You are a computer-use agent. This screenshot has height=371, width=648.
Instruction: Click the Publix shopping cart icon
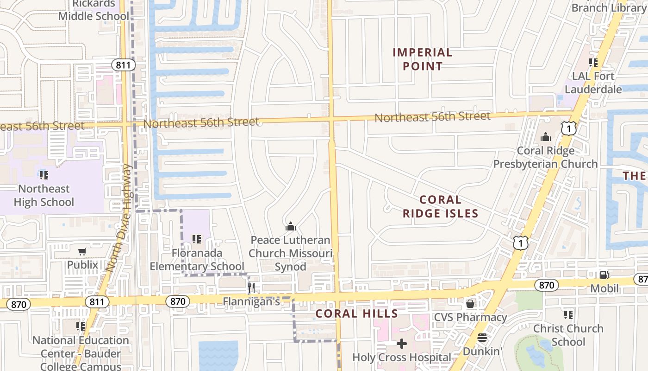coord(82,251)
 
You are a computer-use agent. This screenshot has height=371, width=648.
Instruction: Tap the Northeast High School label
coord(44,195)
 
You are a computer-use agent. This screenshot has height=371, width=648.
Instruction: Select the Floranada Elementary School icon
coord(196,239)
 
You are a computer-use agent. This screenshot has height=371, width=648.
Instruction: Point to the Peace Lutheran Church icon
coord(291,226)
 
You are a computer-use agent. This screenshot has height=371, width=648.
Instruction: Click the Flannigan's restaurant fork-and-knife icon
coord(251,288)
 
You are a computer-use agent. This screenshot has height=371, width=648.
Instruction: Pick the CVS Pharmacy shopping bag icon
coord(470,304)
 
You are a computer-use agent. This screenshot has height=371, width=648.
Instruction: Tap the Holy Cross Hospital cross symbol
coord(402,344)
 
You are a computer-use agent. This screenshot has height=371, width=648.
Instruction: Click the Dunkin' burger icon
coord(482,338)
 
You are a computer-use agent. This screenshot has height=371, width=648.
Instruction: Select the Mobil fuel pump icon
coord(604,275)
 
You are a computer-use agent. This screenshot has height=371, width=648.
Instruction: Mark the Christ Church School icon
coord(568,315)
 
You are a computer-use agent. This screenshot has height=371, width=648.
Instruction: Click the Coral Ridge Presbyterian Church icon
coord(546,137)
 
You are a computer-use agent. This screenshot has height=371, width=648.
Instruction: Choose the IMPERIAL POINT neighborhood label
coord(422,59)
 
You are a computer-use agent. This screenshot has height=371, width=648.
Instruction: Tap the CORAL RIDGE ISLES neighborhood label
coord(440,206)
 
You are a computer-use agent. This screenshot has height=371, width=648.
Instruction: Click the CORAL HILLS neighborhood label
coord(356,313)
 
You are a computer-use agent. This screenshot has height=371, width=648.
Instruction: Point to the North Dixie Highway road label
coord(119,218)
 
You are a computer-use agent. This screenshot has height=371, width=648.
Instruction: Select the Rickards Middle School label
coord(93,10)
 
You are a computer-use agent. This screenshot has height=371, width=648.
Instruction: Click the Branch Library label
coord(609,7)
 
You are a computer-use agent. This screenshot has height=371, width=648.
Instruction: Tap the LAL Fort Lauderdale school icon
coord(593,62)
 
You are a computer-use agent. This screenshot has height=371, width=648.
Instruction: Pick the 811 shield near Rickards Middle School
coord(123,65)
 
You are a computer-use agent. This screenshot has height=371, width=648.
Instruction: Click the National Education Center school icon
coord(81,326)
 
